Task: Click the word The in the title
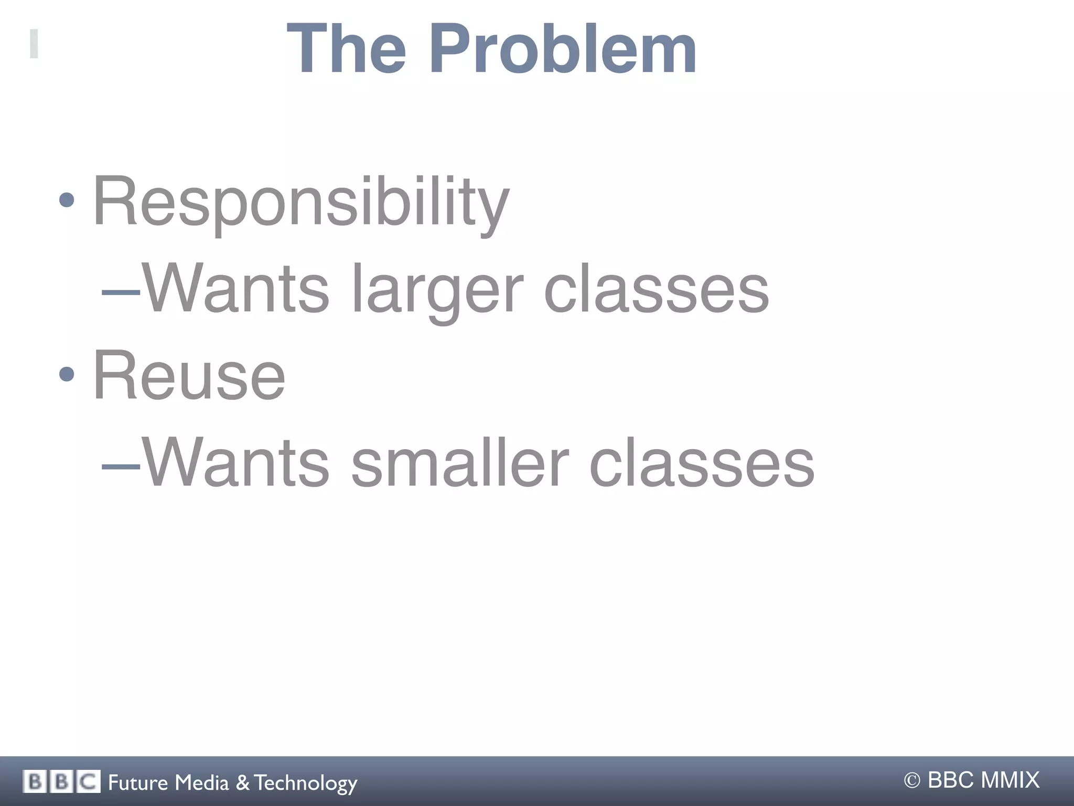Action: coord(346,50)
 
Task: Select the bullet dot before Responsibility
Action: coord(67,200)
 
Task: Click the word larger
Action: coord(437,289)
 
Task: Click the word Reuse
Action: coord(189,376)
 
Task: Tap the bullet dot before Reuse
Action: coord(67,374)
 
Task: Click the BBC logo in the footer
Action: coord(61,782)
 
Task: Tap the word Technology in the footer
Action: coord(306,783)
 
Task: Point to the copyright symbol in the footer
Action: coord(912,781)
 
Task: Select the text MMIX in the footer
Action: coord(1009,780)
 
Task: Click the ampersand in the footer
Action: coord(243,782)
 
